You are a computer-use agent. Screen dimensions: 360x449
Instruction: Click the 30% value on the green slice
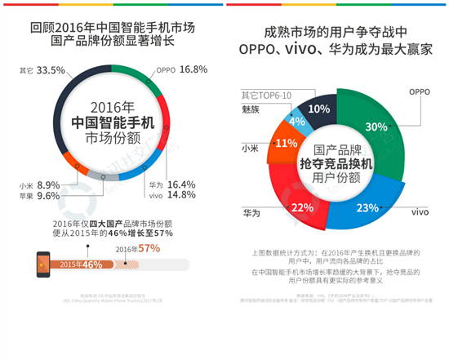click(376, 127)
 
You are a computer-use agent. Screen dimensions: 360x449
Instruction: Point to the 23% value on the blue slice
click(363, 184)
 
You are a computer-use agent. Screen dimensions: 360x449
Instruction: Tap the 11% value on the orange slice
click(286, 143)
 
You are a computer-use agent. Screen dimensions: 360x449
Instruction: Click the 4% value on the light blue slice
click(298, 122)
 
